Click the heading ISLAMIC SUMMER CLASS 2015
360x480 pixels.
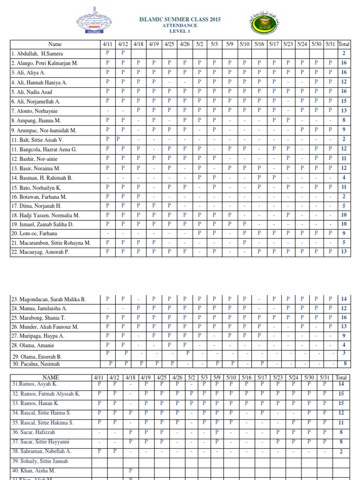[x=180, y=20]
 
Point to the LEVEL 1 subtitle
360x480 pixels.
[x=180, y=31]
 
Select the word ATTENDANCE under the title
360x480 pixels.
[x=180, y=26]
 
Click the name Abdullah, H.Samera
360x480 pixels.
[x=35, y=54]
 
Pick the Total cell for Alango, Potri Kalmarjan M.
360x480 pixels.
[x=344, y=63]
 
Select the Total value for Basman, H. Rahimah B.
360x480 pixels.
[x=344, y=178]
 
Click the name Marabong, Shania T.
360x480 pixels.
[x=38, y=318]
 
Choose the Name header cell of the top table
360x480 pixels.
[x=55, y=45]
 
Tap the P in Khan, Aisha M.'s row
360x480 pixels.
[x=130, y=470]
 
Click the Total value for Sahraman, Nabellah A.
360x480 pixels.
[x=341, y=451]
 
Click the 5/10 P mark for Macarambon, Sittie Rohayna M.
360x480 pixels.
[x=244, y=243]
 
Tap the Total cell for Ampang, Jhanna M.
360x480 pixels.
[x=344, y=120]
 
